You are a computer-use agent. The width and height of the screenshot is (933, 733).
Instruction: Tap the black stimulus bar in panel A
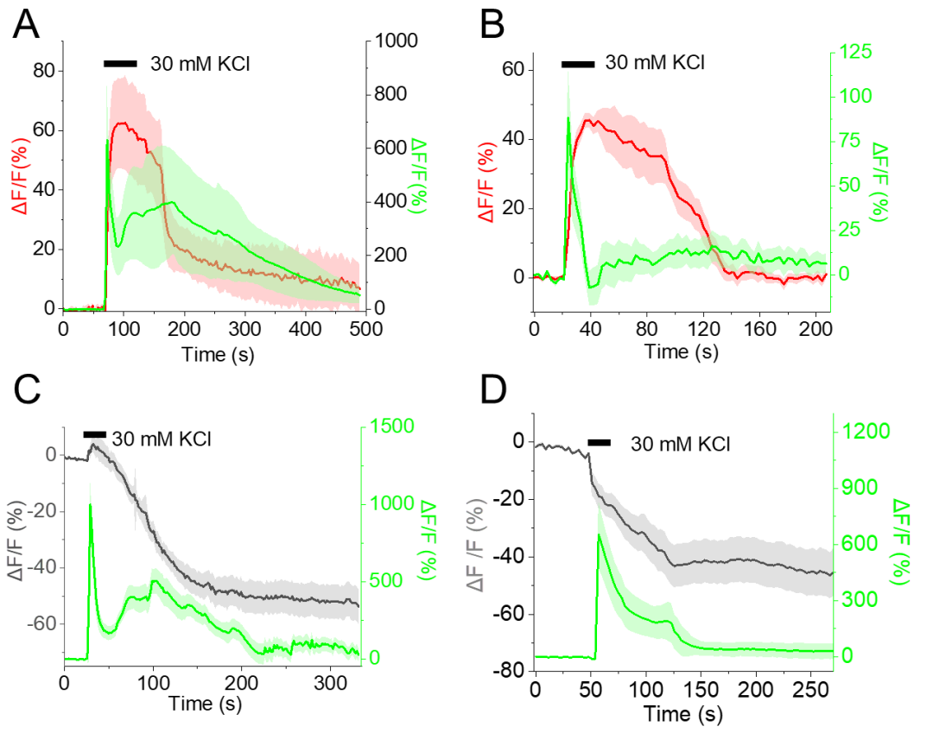coord(120,63)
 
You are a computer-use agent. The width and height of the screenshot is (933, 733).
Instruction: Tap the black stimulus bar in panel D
coord(599,443)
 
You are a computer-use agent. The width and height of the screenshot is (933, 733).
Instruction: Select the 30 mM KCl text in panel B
coord(654,63)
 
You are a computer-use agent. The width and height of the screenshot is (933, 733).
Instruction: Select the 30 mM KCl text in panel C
coord(162,438)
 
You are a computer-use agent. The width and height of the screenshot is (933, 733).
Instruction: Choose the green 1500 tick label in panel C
coord(388,426)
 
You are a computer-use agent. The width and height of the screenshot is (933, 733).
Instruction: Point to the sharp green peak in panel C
coord(91,505)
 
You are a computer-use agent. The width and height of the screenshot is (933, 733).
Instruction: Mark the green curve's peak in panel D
coord(600,535)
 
